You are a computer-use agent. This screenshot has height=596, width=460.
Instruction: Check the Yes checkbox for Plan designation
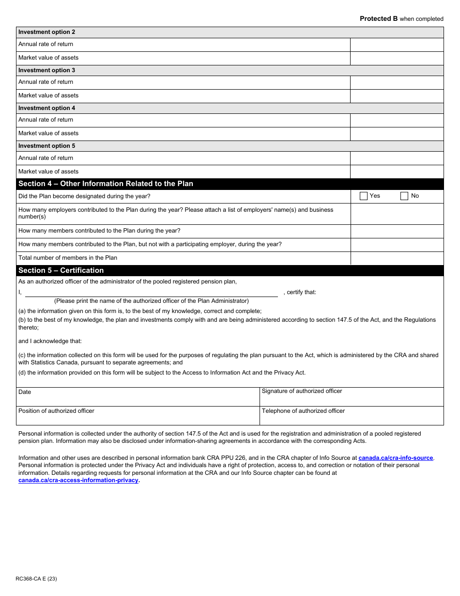(364, 196)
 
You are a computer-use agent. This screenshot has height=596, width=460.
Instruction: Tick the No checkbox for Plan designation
(404, 196)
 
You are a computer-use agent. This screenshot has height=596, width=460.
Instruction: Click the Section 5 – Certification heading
(61, 270)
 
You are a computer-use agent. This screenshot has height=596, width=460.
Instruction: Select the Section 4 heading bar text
(106, 184)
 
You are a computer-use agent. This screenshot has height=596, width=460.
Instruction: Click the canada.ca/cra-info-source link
(396, 458)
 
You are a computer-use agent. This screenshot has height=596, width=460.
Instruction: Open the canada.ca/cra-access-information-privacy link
(78, 480)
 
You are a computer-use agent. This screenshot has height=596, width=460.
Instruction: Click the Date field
(138, 397)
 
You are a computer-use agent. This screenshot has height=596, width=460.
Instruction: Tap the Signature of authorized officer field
(352, 398)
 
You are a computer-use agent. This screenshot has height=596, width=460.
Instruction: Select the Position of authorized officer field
(138, 416)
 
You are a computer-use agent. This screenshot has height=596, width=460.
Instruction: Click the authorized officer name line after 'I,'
(151, 292)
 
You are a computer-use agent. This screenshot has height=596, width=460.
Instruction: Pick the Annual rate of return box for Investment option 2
(397, 45)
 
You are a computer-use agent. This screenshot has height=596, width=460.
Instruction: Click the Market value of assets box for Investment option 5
(397, 172)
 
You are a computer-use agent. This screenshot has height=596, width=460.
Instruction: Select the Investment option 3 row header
(47, 70)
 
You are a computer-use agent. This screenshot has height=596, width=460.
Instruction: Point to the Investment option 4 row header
(47, 108)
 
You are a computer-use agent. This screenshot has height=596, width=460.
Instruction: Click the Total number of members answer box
(397, 258)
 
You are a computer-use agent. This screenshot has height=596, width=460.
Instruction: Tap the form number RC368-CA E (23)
(36, 579)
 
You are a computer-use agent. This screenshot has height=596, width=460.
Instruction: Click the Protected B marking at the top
(401, 19)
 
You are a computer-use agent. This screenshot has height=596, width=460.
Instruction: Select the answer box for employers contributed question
(397, 214)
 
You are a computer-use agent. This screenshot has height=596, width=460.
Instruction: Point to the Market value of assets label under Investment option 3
(48, 95)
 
